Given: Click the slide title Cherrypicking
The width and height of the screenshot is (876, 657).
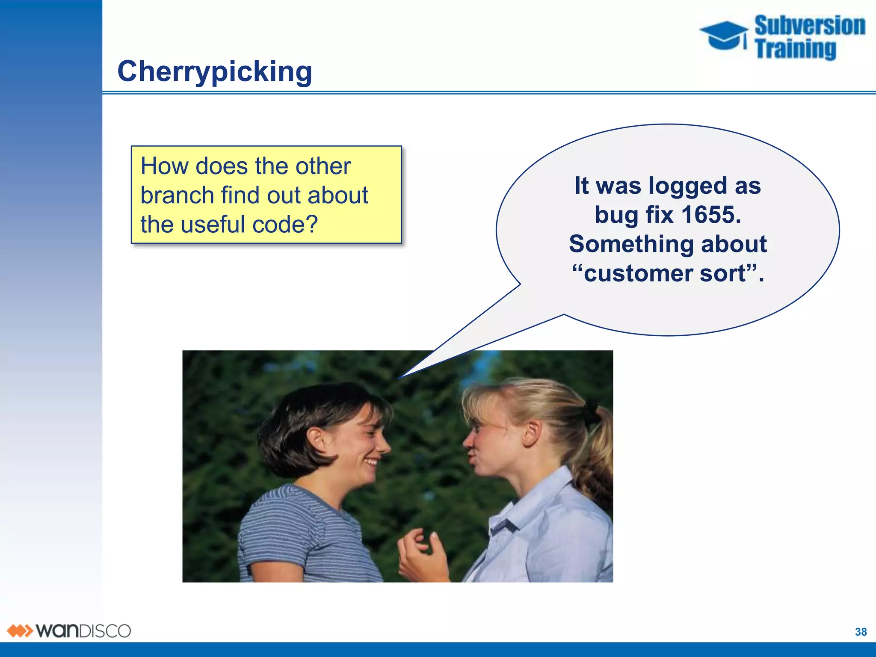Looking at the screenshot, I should pyautogui.click(x=215, y=71).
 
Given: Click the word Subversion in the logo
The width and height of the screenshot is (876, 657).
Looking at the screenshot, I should pyautogui.click(x=810, y=26).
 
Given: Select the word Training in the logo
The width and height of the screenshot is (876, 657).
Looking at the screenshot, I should pyautogui.click(x=796, y=49).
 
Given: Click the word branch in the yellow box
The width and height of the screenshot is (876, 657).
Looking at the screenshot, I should pyautogui.click(x=177, y=196).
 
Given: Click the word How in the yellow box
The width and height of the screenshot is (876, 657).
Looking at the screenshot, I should pyautogui.click(x=164, y=166).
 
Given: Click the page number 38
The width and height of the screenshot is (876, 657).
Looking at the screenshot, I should pyautogui.click(x=861, y=632).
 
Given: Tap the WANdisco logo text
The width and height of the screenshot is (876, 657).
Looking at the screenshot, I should pyautogui.click(x=83, y=631).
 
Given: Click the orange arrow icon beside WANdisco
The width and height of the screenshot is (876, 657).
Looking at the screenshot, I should pyautogui.click(x=19, y=631).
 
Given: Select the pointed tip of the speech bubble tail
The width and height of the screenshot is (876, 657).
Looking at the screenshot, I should pyautogui.click(x=399, y=378).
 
